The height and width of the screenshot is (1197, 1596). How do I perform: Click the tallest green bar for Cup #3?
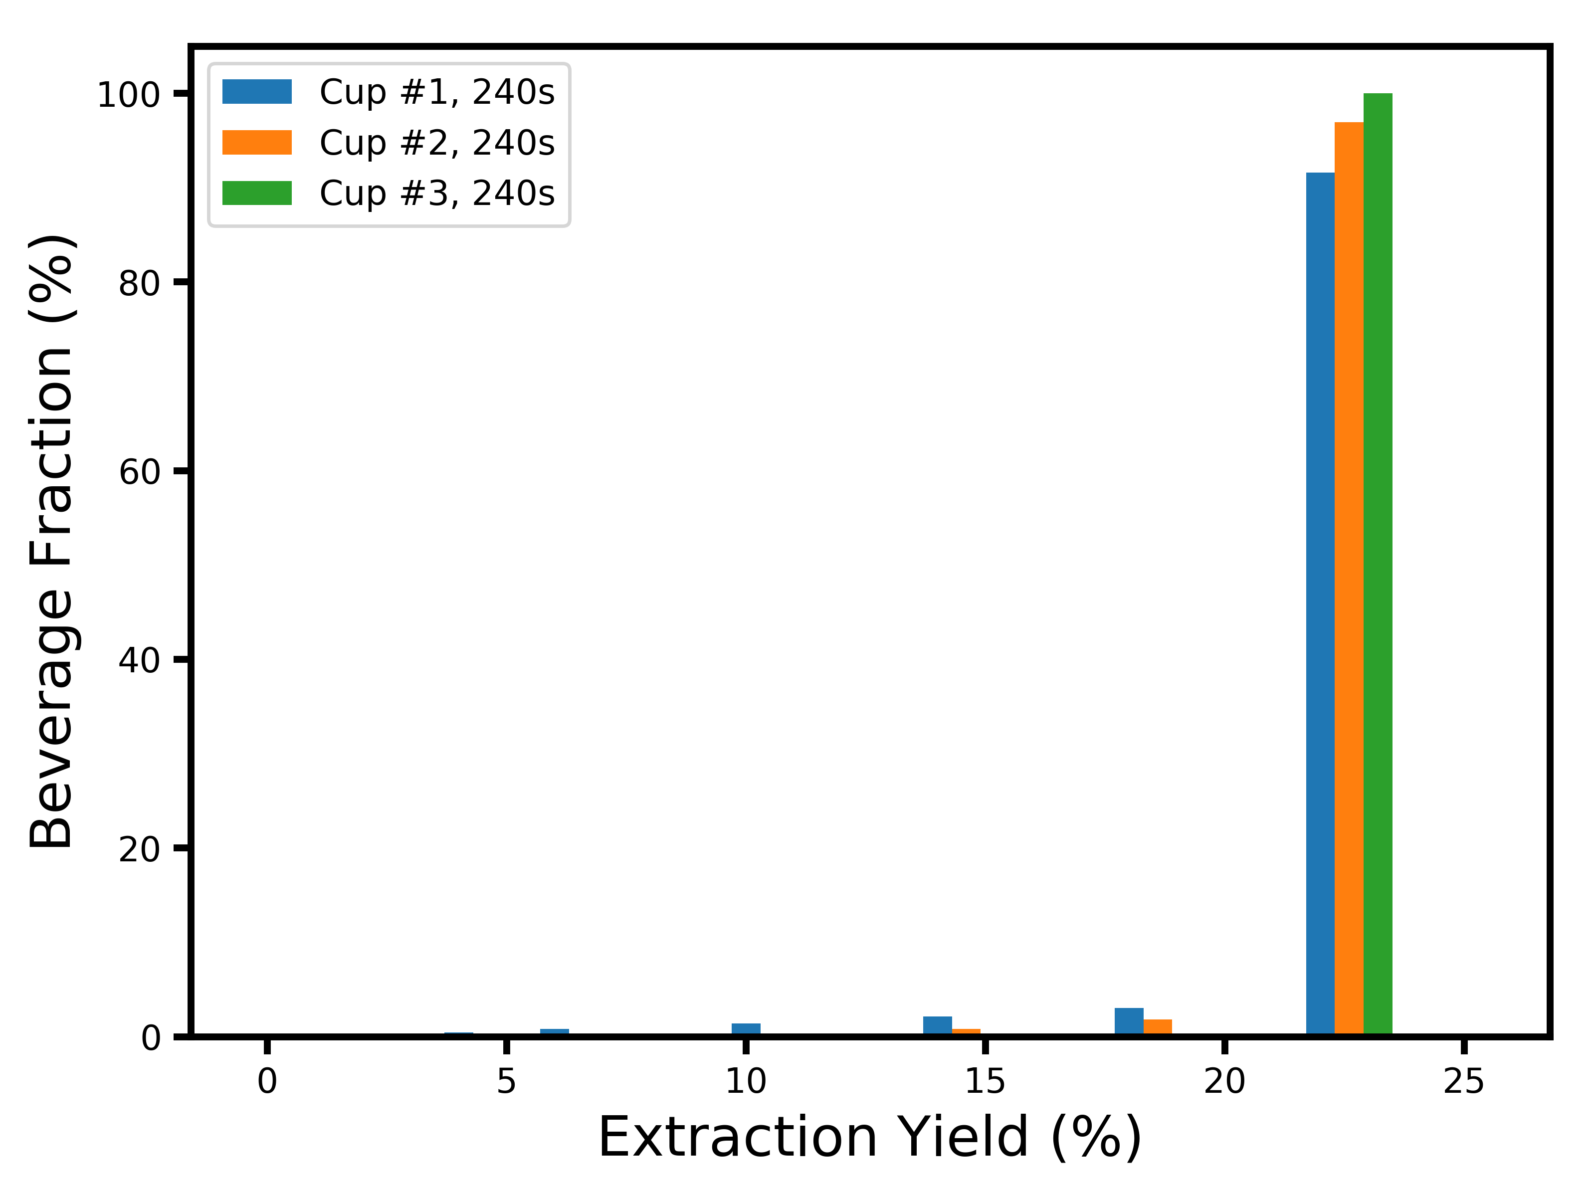point(1378,563)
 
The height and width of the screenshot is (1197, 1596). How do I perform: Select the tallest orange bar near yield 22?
point(1349,577)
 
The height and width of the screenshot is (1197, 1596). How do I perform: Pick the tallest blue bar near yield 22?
point(1320,602)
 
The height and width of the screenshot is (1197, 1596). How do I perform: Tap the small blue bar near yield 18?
point(1129,1021)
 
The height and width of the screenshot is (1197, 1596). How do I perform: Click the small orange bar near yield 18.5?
point(1157,1027)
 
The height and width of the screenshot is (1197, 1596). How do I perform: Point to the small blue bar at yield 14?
point(937,1025)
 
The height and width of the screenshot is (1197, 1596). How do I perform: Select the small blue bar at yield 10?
point(745,1029)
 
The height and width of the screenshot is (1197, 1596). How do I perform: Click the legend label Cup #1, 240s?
point(436,92)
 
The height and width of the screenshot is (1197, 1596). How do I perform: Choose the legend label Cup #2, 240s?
point(436,143)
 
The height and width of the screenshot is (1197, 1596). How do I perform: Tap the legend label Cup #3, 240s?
point(436,194)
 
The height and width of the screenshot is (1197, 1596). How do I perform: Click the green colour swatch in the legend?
point(257,194)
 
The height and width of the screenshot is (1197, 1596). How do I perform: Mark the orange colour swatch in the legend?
point(257,143)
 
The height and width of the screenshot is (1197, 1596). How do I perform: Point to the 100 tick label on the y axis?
point(128,95)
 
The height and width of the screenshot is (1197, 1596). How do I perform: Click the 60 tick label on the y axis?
point(139,472)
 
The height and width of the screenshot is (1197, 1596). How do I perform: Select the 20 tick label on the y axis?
point(139,849)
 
